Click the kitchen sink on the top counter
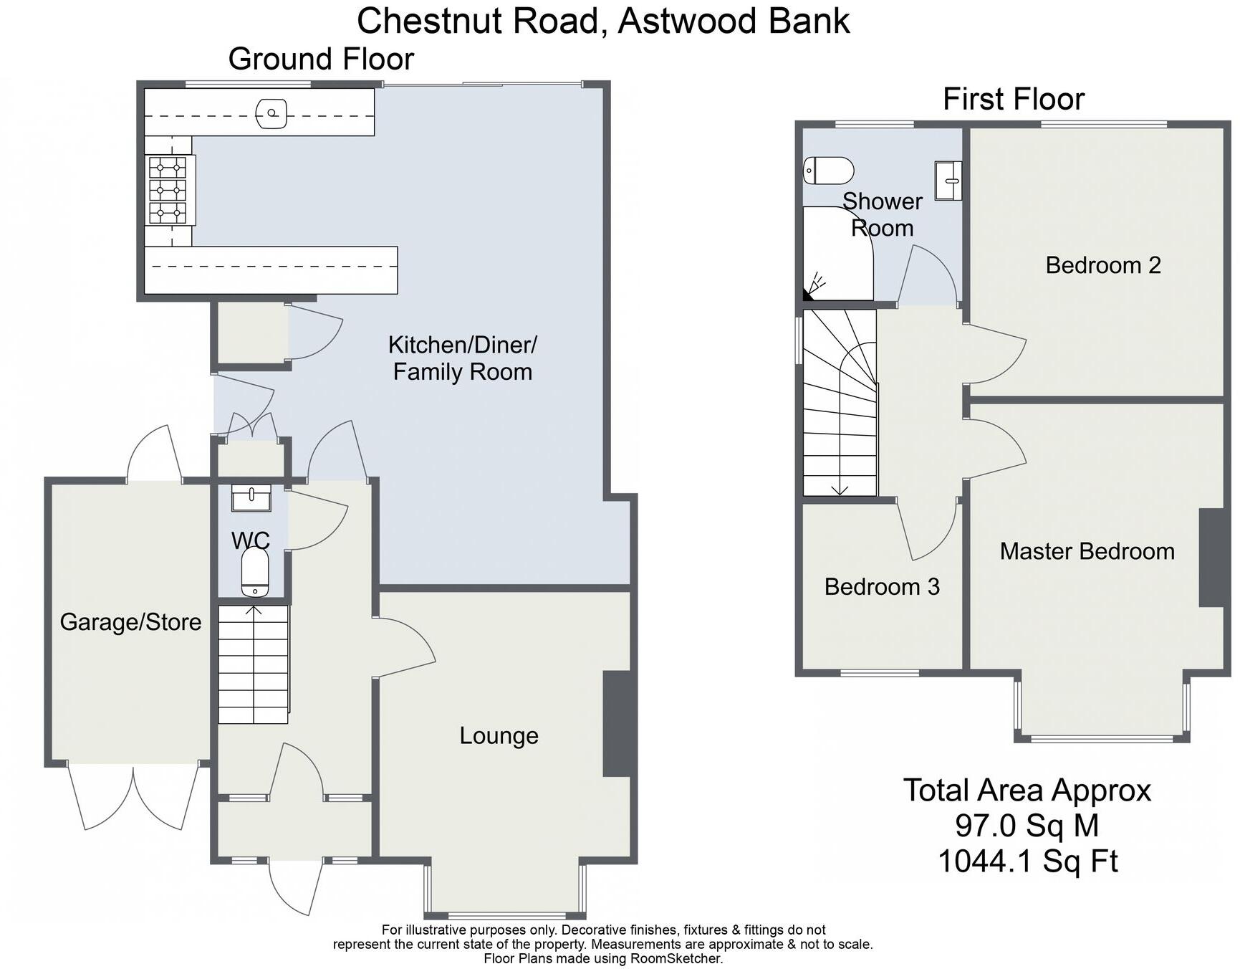coord(271,113)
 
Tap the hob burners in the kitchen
coord(168,191)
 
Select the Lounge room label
coord(499,736)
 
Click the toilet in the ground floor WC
coord(254,573)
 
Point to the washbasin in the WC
coord(251,497)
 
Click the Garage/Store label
coord(130,622)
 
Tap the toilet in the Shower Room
coord(829,171)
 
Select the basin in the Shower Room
coord(948,179)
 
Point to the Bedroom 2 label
coord(1102,265)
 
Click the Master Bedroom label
coord(1087,551)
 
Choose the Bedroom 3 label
coord(881,587)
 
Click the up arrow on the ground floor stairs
coord(254,611)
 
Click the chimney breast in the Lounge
coord(619,723)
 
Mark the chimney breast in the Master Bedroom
coord(1211,558)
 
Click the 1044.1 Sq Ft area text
coord(1027,861)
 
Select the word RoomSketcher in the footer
coord(676,958)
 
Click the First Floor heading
coord(1013,99)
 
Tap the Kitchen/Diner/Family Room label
coord(462,358)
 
